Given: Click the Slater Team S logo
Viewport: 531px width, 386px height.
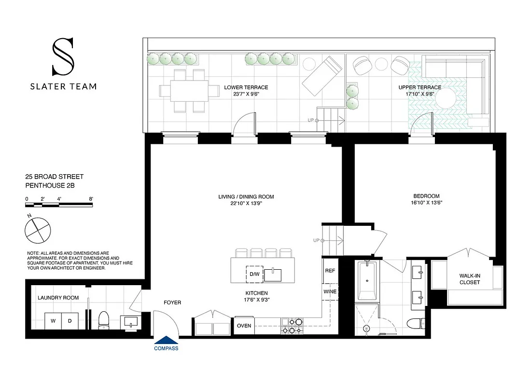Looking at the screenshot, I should tap(63, 57).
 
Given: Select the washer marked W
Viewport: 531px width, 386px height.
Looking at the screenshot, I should tap(53, 321).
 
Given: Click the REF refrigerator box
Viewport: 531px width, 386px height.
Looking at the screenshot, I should tap(330, 271).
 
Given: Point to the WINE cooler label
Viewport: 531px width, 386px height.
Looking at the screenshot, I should tap(330, 291).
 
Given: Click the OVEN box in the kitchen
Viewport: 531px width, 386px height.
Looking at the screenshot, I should tap(244, 326).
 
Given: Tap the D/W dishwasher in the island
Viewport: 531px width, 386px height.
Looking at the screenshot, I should tap(254, 275).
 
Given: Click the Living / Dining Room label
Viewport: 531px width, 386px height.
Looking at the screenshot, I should tap(246, 196).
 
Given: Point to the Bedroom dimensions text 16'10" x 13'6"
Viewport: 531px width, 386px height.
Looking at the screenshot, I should tap(426, 203).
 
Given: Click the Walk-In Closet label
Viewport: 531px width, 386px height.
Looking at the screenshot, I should tap(470, 279).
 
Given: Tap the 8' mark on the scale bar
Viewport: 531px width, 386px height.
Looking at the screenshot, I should tap(91, 198).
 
